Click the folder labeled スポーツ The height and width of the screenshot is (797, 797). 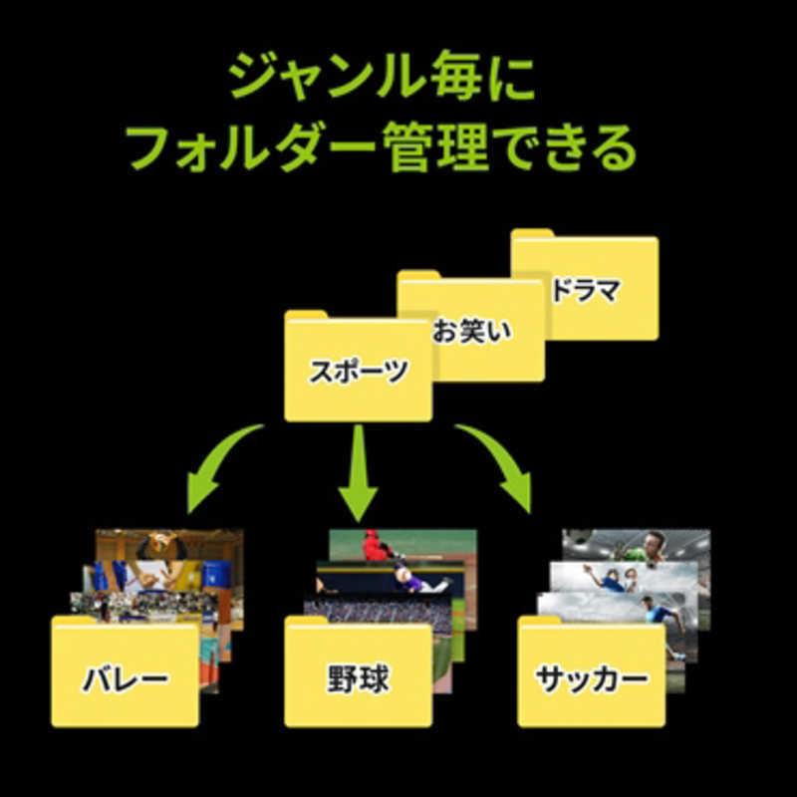click(x=359, y=366)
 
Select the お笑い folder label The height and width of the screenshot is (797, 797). click(x=471, y=332)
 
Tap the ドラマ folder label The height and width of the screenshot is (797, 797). click(x=586, y=290)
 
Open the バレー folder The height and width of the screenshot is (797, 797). click(x=126, y=670)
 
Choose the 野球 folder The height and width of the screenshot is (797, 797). click(x=359, y=670)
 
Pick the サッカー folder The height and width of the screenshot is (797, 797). click(x=591, y=670)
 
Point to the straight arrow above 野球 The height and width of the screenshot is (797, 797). click(x=359, y=472)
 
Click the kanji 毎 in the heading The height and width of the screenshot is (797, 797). click(x=456, y=77)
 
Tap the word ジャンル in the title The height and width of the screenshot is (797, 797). click(x=326, y=77)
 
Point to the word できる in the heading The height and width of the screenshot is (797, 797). click(x=564, y=147)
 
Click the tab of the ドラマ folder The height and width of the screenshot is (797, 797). click(x=532, y=233)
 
